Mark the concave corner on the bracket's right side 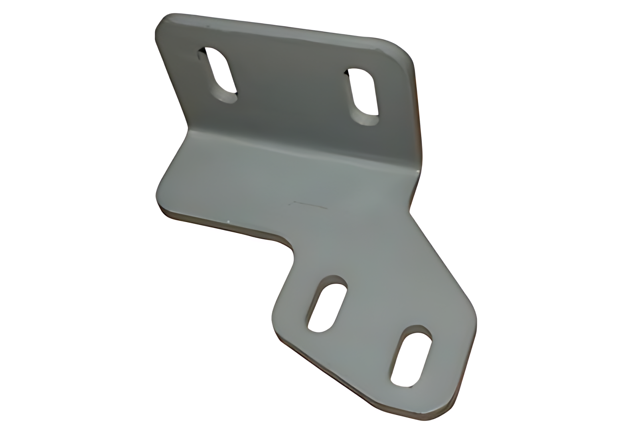click(410, 211)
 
